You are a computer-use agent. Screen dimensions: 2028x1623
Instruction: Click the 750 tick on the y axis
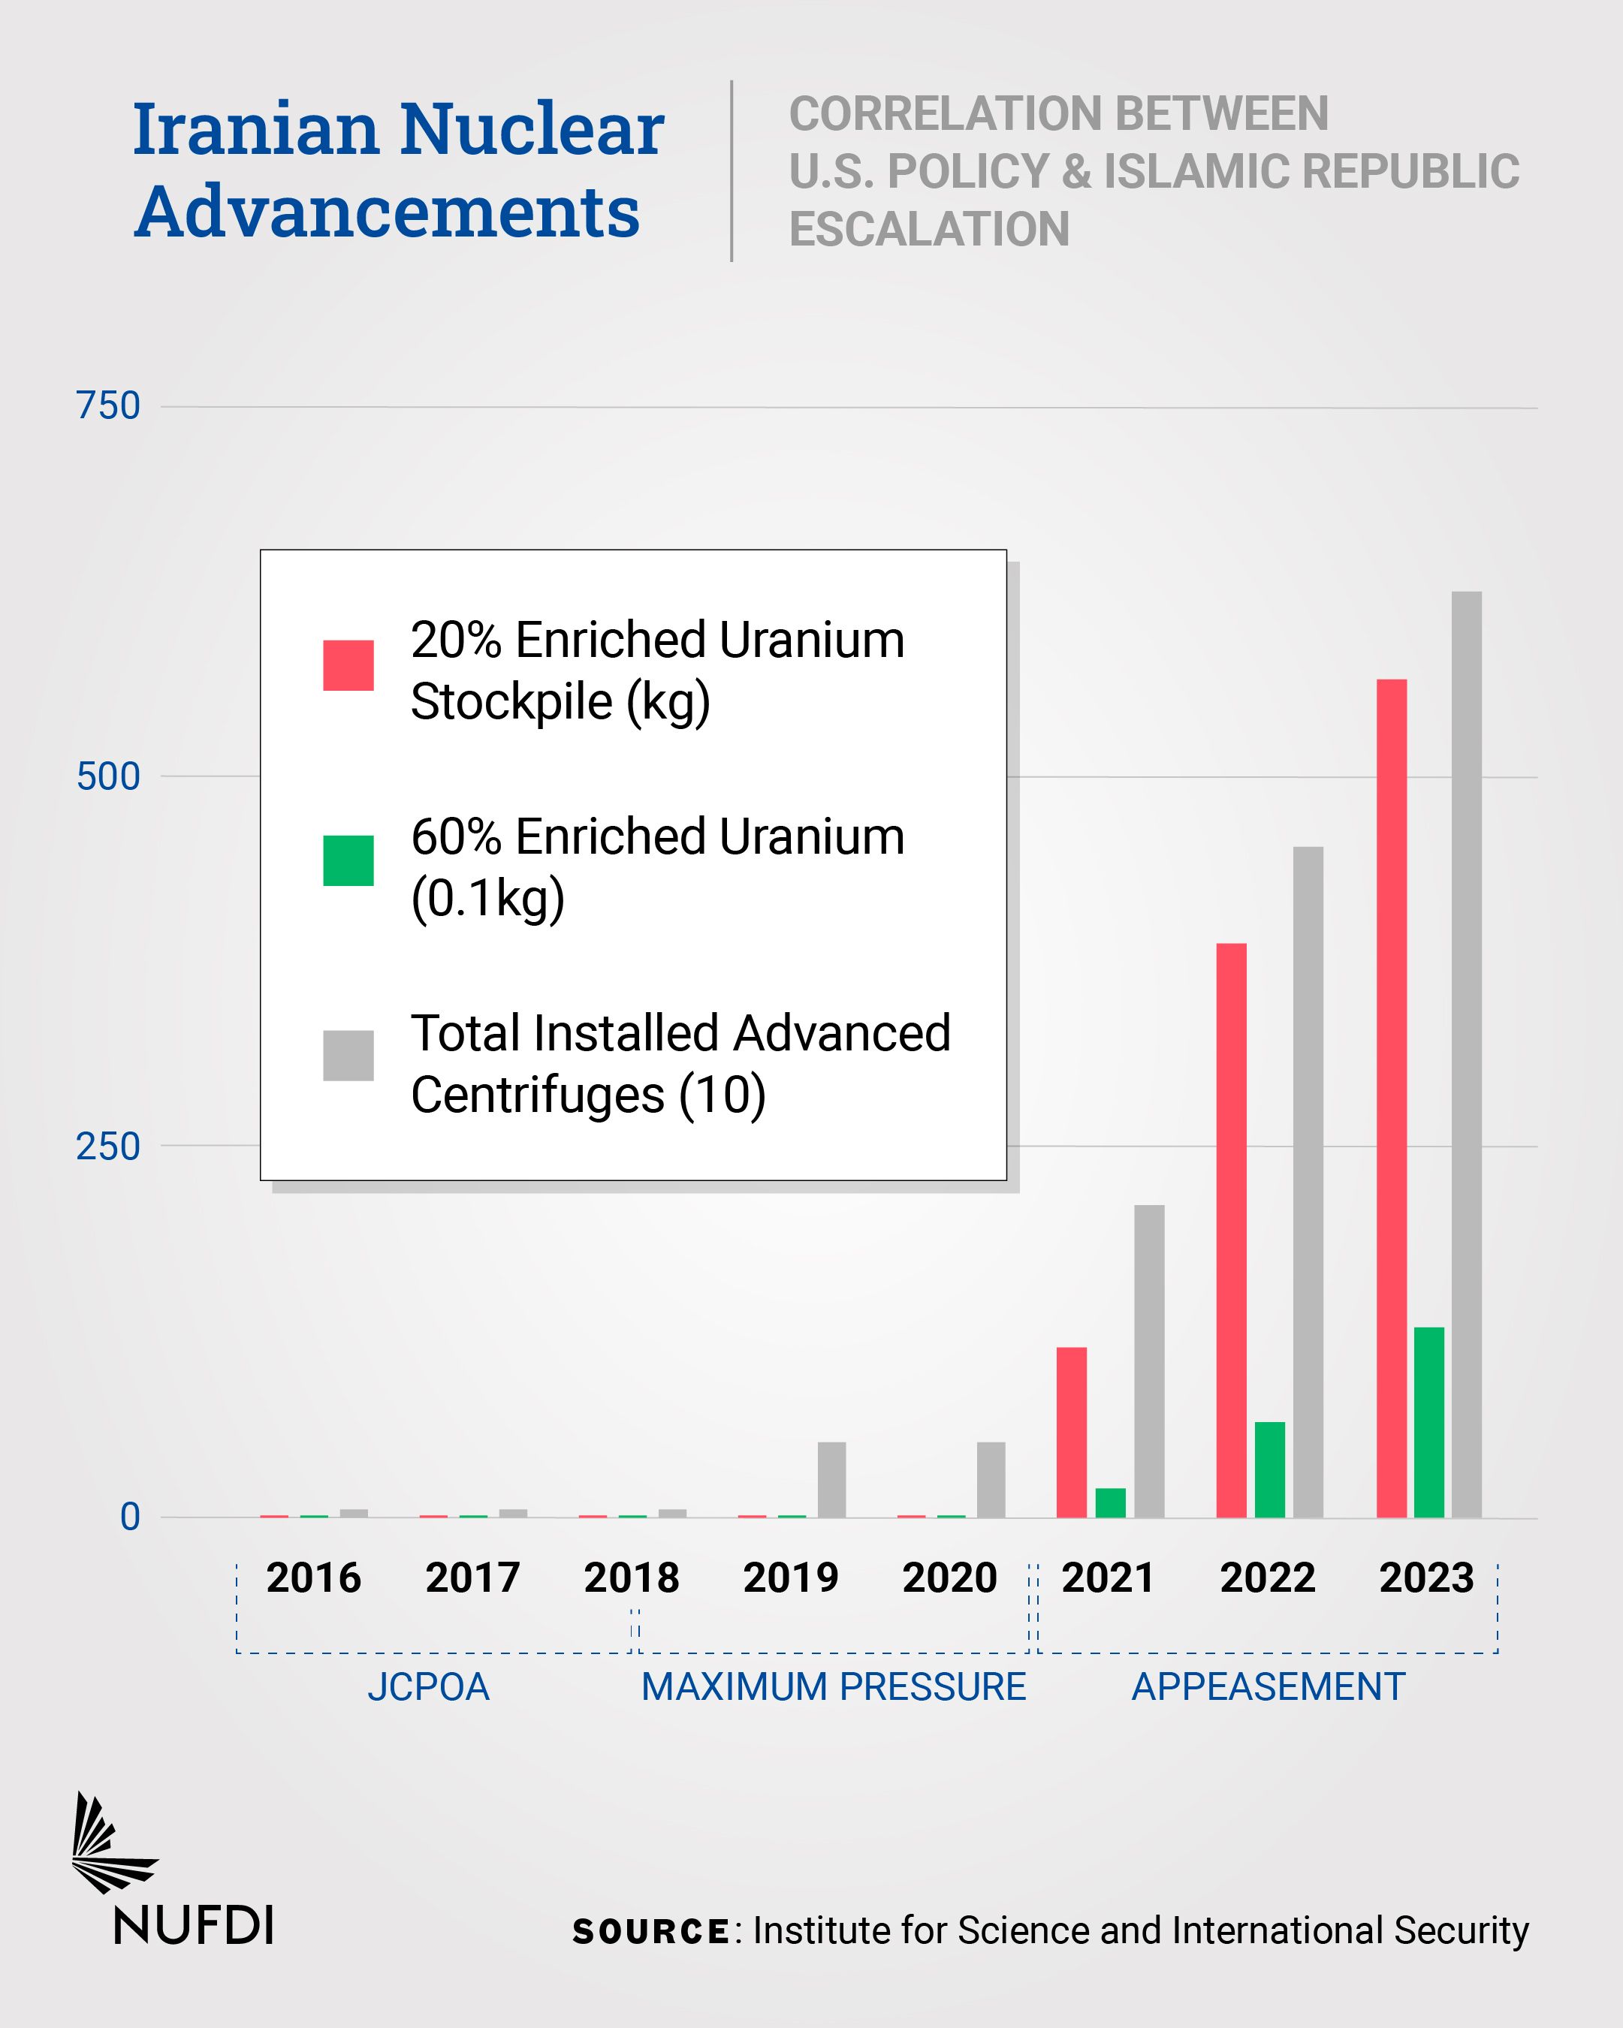click(108, 406)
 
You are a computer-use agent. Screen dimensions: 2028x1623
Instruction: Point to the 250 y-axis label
click(108, 1147)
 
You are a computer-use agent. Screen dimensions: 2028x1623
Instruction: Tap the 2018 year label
click(632, 1578)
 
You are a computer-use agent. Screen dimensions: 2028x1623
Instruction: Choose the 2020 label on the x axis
click(949, 1578)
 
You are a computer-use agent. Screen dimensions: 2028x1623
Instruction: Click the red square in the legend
click(348, 665)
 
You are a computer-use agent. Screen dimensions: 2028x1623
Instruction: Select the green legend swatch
click(348, 860)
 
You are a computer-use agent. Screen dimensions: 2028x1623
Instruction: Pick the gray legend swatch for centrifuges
click(348, 1056)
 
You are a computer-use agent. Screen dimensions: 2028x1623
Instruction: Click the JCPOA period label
click(428, 1686)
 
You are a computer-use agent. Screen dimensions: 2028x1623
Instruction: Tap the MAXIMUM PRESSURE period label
click(833, 1686)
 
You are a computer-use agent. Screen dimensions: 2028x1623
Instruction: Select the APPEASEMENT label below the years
click(1267, 1686)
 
